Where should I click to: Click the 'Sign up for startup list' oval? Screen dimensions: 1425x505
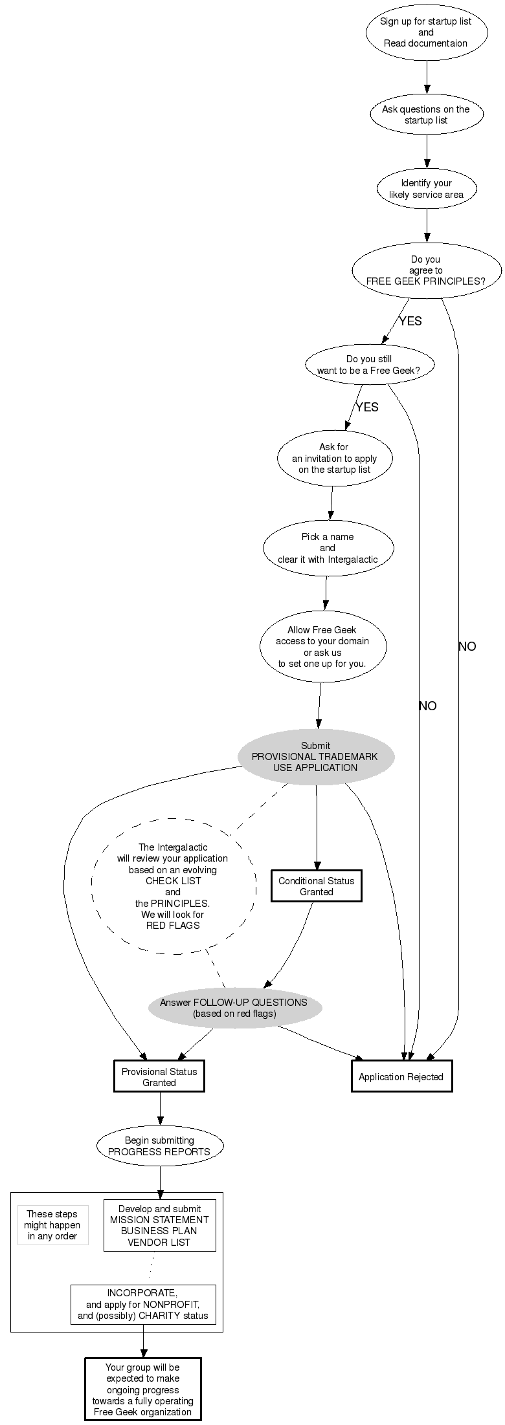426,32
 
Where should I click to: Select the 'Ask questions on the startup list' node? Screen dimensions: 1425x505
426,114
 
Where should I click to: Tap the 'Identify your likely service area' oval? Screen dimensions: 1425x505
426,189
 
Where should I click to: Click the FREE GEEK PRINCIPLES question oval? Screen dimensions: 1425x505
426,270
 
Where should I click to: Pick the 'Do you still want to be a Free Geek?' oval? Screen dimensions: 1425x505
369,365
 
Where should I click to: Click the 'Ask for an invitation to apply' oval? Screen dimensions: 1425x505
334,458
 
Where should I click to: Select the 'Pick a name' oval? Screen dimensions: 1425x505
328,548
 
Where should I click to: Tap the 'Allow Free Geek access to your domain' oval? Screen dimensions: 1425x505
322,646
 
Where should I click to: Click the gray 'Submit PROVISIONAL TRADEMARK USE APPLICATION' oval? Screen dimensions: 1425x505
316,757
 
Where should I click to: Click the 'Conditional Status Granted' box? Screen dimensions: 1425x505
316,886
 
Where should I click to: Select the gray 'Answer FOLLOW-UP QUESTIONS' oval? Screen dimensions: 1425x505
234,1008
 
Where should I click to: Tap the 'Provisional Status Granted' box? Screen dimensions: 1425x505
159,1077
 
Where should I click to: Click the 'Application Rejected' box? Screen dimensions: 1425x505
401,1077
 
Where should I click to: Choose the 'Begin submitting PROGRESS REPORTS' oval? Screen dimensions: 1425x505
159,1146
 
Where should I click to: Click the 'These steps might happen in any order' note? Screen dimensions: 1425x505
52,1225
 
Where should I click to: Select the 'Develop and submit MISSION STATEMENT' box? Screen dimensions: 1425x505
159,1225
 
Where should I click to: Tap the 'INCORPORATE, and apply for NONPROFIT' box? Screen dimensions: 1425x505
142,1304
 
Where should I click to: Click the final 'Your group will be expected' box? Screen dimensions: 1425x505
142,1389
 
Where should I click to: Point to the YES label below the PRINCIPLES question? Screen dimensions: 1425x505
410,321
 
